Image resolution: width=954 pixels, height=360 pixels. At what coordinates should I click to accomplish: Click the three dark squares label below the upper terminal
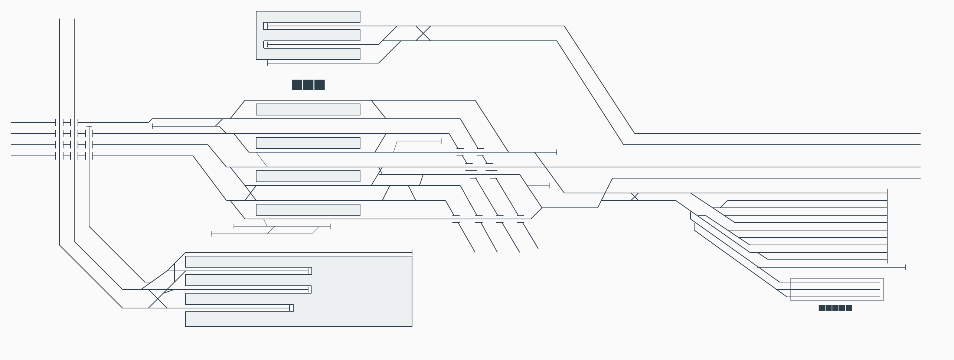tap(308, 85)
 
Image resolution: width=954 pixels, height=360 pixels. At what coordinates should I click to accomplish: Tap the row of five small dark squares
tap(835, 308)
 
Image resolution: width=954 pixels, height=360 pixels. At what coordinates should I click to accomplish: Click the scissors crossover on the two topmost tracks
tap(423, 33)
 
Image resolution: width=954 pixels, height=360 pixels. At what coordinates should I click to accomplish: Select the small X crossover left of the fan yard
tap(635, 197)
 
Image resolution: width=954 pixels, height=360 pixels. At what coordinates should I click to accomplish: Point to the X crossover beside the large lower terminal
tap(158, 299)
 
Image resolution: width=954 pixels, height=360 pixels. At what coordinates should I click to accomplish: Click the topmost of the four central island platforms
tap(308, 109)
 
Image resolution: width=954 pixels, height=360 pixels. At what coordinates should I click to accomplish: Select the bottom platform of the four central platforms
tap(308, 210)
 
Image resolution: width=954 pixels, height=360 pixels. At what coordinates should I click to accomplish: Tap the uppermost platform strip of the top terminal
tap(308, 17)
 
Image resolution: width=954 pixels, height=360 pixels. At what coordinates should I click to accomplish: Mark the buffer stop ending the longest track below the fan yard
tap(906, 267)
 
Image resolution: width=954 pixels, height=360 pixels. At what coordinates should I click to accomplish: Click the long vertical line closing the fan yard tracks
tap(887, 226)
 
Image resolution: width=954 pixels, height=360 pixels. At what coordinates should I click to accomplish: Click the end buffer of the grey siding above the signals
tap(442, 141)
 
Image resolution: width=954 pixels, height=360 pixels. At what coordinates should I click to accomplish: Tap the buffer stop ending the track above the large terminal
tap(412, 252)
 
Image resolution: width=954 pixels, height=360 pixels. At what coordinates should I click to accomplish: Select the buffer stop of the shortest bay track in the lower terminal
tap(290, 308)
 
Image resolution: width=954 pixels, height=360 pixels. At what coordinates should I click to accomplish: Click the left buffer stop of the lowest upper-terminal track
tap(267, 63)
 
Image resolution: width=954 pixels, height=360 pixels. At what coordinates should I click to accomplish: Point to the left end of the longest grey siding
tap(212, 234)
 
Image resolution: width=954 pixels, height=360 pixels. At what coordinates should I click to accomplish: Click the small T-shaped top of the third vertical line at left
tap(89, 127)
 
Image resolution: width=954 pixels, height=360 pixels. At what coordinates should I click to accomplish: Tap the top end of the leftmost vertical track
tap(59, 19)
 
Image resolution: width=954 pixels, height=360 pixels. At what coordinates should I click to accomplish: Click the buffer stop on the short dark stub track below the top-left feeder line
tap(152, 127)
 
